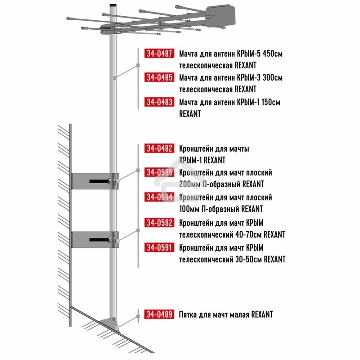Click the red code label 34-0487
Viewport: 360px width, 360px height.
click(x=159, y=53)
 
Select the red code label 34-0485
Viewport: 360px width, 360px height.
click(x=159, y=77)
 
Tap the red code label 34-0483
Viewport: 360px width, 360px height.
click(x=159, y=102)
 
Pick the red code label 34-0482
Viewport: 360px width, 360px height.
click(x=159, y=148)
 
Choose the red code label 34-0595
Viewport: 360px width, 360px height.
click(x=159, y=172)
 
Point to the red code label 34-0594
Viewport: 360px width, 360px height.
click(x=159, y=197)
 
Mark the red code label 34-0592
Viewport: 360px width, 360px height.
click(x=159, y=222)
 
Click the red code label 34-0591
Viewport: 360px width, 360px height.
click(x=159, y=247)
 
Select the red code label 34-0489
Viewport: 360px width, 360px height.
click(x=159, y=314)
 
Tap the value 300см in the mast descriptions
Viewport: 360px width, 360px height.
click(x=273, y=77)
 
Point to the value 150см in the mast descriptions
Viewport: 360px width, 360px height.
click(x=271, y=102)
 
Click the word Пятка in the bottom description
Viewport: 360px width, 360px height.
click(x=188, y=315)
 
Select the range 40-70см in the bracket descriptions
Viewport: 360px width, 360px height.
click(x=249, y=234)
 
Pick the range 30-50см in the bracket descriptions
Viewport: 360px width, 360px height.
click(x=249, y=259)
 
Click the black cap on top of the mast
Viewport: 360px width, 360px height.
click(x=113, y=5)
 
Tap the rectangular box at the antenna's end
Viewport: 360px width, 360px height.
click(x=220, y=16)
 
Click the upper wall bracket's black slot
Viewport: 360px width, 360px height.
click(x=99, y=181)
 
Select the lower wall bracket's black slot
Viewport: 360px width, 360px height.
click(x=99, y=240)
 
